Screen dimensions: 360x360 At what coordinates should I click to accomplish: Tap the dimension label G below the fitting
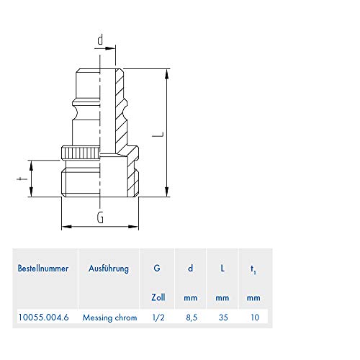tap(100, 215)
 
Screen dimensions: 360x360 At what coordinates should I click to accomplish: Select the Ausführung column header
tap(109, 269)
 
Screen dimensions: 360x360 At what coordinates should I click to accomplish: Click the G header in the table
tap(157, 269)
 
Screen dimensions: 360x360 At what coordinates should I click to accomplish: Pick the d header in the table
tap(190, 269)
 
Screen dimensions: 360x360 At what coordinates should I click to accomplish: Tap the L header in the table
tap(222, 269)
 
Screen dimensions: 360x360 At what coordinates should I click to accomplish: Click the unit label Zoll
tap(158, 297)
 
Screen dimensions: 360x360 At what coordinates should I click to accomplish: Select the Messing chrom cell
tap(109, 316)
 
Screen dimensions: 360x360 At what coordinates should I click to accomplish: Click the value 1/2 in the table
tap(158, 316)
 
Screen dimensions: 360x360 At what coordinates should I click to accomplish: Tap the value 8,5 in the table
tap(190, 316)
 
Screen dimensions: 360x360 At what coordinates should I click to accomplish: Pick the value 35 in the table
tap(222, 316)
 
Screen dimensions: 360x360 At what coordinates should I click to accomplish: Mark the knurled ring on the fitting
tap(81, 153)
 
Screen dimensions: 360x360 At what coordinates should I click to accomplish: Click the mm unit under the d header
tap(190, 297)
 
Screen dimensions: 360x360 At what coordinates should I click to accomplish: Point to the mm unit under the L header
tap(222, 297)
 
